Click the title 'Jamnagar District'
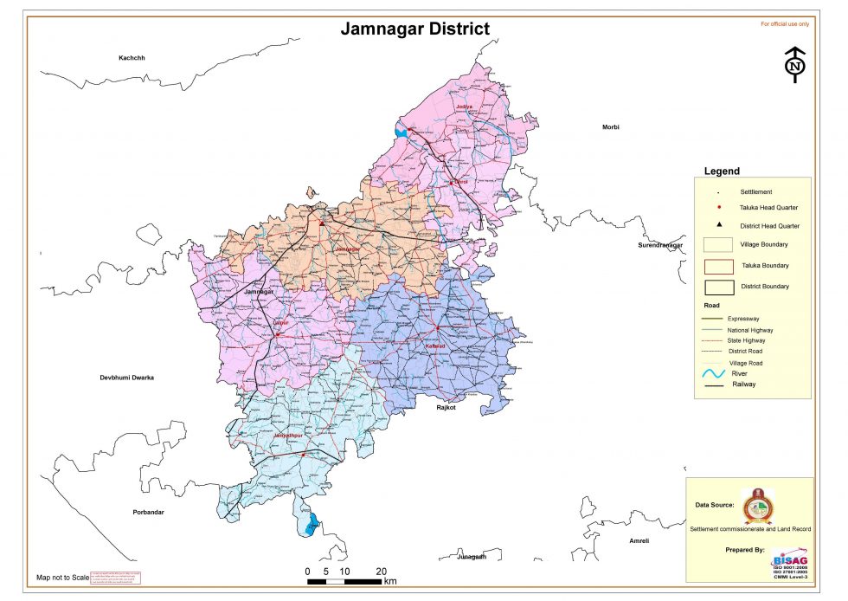[414, 29]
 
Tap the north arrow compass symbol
[794, 65]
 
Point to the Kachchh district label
[132, 58]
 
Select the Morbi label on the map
[611, 127]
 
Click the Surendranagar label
[660, 245]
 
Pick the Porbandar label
[148, 512]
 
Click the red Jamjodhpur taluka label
[290, 435]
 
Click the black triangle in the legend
[719, 225]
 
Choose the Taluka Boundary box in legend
[718, 265]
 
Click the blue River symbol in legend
[715, 374]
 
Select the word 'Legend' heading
[722, 171]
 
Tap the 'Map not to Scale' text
[62, 577]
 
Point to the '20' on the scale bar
[381, 572]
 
